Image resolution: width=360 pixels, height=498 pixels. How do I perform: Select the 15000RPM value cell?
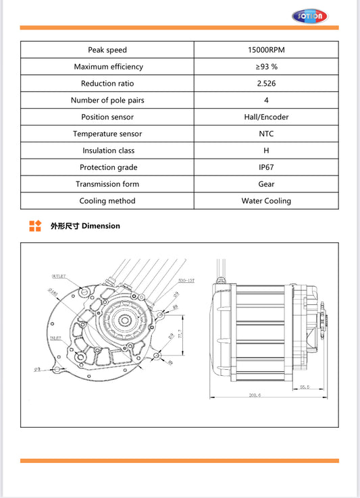coord(266,50)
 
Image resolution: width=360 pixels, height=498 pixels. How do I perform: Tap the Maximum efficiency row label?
coord(107,67)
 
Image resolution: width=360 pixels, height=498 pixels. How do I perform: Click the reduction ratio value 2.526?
coord(266,84)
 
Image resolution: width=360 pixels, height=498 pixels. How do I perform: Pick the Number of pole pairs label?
coord(107,101)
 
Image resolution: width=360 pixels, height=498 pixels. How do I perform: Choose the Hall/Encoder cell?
coord(266,117)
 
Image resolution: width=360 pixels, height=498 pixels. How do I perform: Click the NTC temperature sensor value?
coord(266,134)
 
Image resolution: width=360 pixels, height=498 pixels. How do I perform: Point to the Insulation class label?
coord(107,150)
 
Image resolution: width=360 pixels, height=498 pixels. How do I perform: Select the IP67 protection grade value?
coord(266,167)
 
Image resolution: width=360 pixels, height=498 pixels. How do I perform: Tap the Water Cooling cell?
coord(266,200)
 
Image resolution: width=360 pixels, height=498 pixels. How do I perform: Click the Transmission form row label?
coord(107,184)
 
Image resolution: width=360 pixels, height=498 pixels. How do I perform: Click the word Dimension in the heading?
coord(101,226)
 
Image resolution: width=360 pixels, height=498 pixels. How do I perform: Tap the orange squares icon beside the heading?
coord(35,226)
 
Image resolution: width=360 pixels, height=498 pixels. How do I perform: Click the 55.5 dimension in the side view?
coord(304,387)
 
